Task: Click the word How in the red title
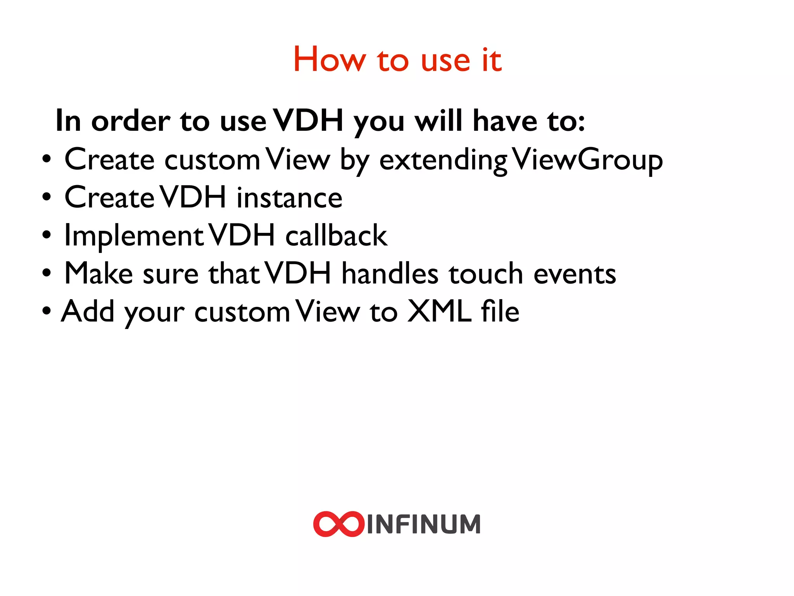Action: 329,60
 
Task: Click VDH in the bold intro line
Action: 308,120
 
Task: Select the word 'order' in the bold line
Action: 131,121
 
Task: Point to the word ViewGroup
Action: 587,160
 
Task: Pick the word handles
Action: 390,274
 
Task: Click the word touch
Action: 486,274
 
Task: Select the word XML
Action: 440,311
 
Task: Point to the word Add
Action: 88,311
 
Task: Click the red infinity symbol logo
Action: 338,524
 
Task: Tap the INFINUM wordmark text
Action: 424,525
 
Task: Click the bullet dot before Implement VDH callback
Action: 47,235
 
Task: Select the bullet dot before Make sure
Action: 47,273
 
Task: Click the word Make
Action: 98,274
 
